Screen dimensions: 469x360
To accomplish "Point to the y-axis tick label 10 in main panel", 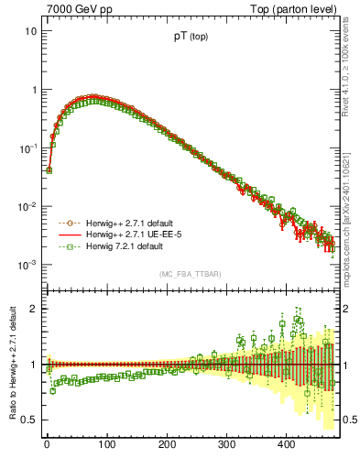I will tap(29, 31).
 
